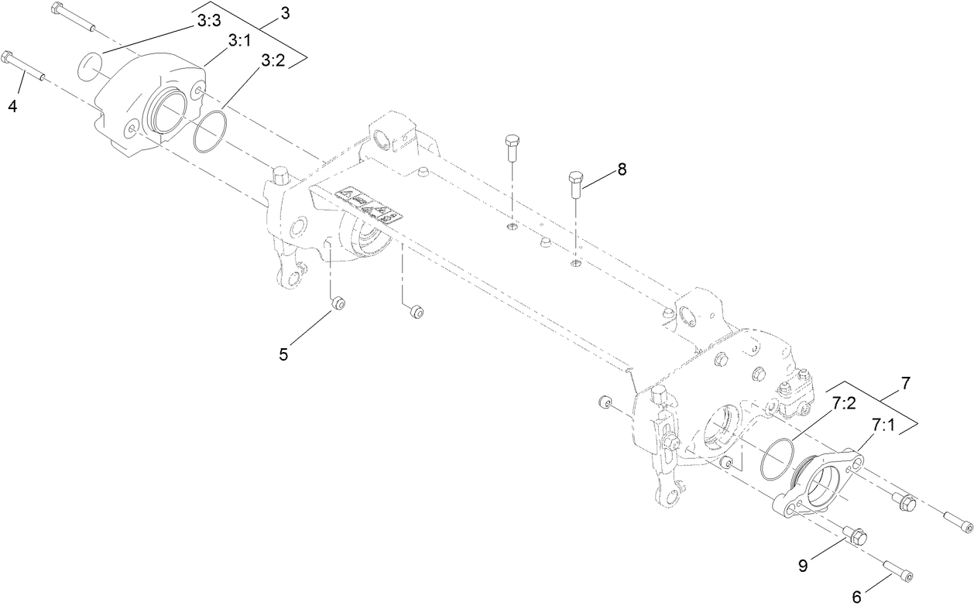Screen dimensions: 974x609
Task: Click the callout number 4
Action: pos(12,106)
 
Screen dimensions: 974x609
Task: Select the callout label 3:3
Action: pos(209,21)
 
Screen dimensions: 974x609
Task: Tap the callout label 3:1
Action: pos(239,41)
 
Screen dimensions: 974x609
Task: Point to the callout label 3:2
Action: pos(273,60)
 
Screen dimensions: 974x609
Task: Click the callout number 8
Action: pos(622,169)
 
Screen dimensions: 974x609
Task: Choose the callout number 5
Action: pos(283,354)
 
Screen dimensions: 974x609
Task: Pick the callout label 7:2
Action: pos(844,403)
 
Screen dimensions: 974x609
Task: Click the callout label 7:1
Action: pos(883,425)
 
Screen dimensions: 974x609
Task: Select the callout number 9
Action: pos(803,566)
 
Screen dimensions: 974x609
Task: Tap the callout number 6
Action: pos(856,597)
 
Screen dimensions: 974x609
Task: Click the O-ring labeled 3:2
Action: pos(210,132)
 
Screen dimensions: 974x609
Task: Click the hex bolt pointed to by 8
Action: pos(576,185)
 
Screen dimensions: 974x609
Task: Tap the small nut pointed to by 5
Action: pos(338,303)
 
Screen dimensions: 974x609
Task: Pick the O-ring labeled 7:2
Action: pos(777,459)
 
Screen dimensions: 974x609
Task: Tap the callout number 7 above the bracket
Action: pos(905,383)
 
